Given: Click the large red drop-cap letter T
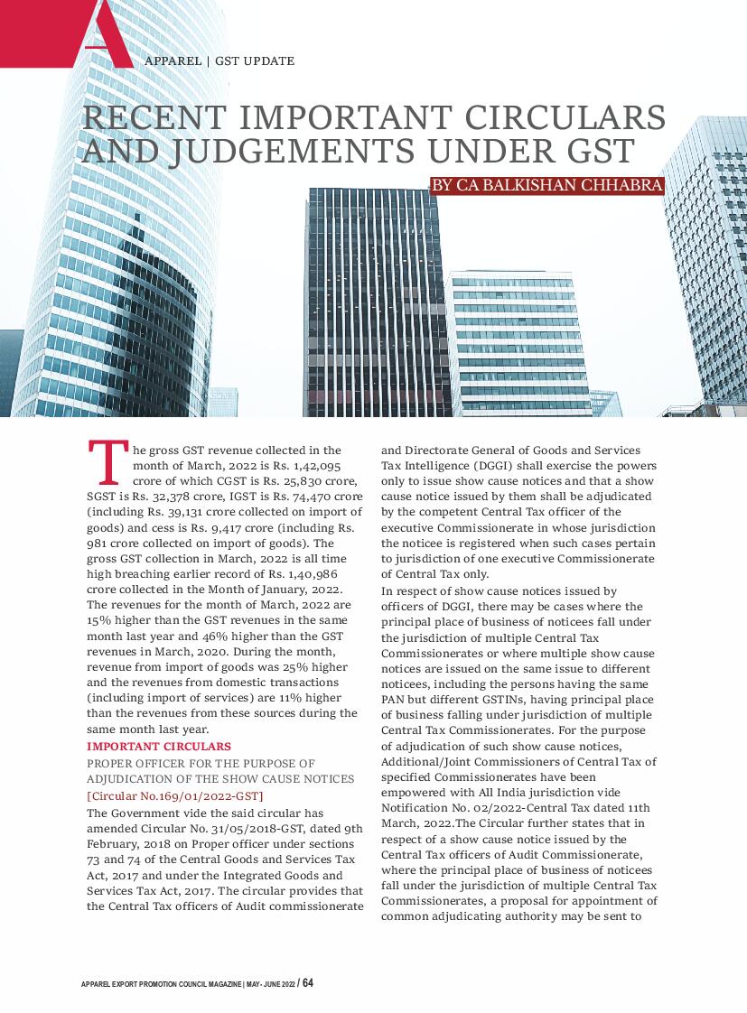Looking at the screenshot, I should [106, 461].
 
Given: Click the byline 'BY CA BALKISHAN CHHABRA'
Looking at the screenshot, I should [547, 186].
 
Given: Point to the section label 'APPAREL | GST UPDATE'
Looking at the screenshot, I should [219, 61].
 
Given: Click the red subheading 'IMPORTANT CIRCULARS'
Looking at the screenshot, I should [159, 747].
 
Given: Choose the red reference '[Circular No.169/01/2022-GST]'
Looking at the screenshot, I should [175, 795].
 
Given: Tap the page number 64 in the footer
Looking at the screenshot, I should [307, 982].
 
